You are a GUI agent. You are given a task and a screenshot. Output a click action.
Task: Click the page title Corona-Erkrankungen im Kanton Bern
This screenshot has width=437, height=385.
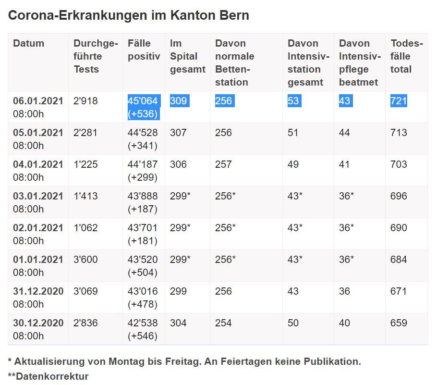pos(128,15)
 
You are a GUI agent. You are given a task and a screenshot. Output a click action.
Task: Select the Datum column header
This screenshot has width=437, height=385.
pos(28,43)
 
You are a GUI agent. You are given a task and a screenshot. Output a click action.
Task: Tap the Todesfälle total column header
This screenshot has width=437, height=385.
pos(406,56)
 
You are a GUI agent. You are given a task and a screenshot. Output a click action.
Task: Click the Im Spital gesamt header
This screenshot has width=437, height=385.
pos(187,56)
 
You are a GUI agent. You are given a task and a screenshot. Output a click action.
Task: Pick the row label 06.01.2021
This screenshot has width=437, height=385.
pos(38,101)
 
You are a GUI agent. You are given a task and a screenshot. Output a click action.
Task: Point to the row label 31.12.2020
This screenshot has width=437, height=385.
pos(38,291)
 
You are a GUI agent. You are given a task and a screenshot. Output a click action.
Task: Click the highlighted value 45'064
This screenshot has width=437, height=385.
pos(143,101)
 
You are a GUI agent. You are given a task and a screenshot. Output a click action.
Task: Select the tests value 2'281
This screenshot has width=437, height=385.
pos(85,133)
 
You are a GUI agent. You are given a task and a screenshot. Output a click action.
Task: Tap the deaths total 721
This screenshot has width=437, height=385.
pos(399,101)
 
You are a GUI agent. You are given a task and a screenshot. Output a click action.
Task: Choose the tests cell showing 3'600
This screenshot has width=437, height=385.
pos(85,260)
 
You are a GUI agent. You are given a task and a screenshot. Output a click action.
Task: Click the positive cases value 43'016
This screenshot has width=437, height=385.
pos(143,291)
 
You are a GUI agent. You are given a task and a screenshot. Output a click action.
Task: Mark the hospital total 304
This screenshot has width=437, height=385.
pos(178,323)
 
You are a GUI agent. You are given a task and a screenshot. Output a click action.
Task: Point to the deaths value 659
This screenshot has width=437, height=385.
pos(399,323)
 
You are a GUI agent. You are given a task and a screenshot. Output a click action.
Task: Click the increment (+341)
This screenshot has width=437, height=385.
pos(143,146)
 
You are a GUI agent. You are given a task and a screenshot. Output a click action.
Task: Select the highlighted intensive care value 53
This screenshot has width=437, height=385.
pos(293,101)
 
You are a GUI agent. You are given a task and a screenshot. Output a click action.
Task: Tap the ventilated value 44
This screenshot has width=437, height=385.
pos(344,133)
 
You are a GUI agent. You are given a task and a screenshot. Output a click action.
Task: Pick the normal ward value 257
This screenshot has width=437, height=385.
pos(223,164)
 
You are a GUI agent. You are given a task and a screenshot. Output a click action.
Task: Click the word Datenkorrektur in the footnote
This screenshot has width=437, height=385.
pos(52,376)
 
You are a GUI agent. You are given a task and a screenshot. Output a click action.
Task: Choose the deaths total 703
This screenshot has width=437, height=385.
pos(399,164)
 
